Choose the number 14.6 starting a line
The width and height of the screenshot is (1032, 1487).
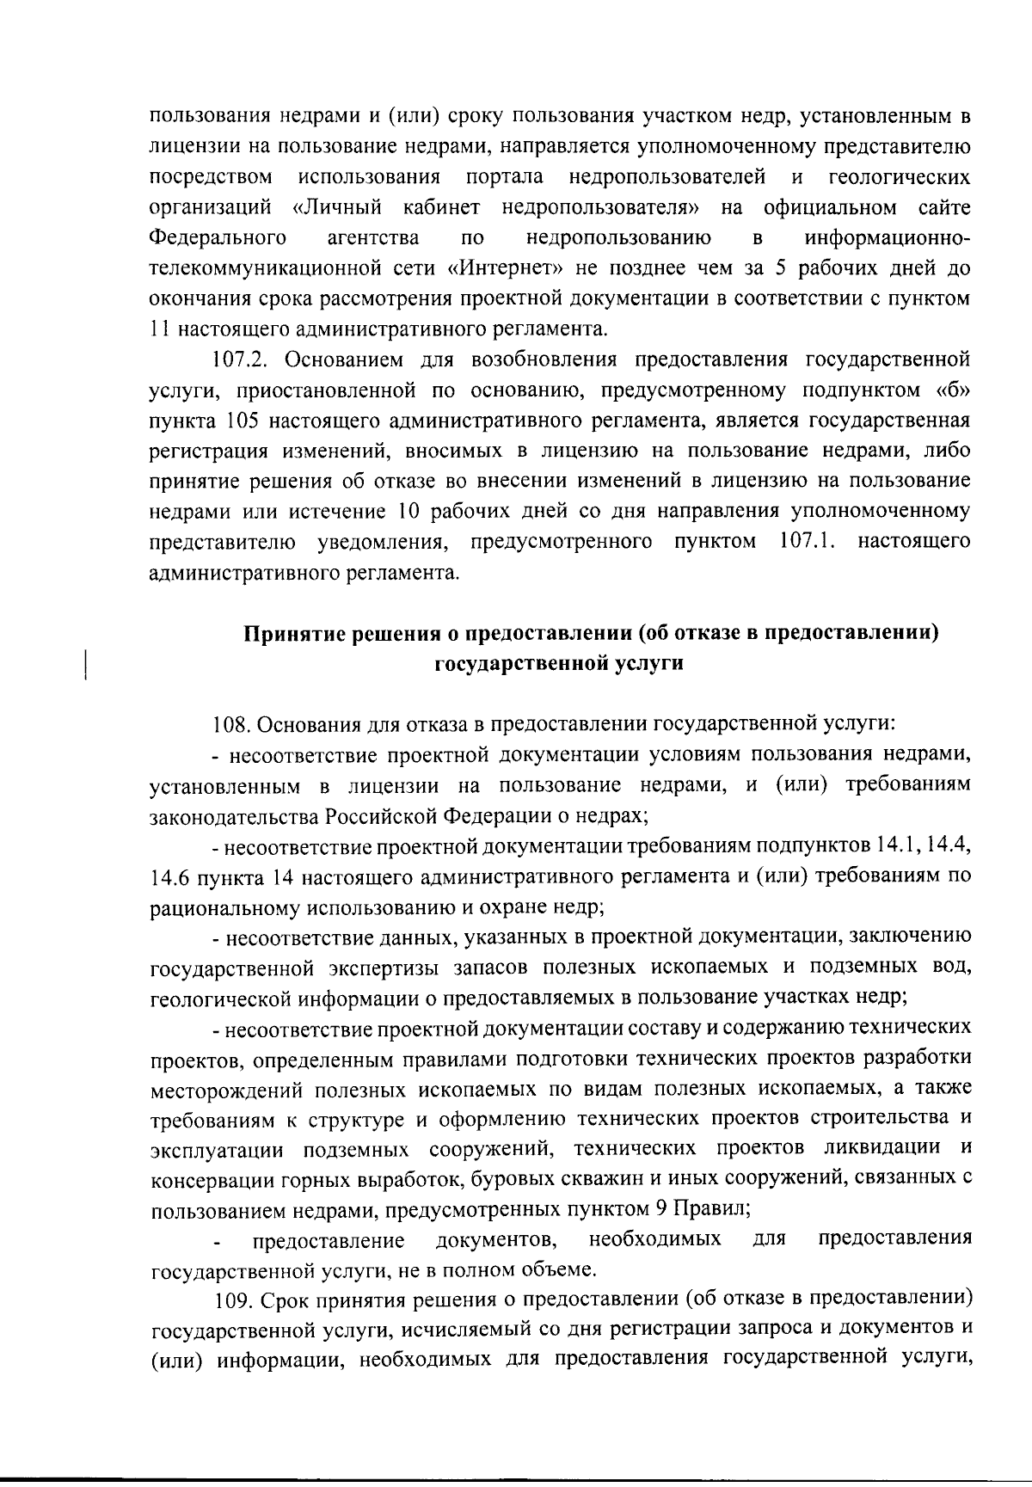[169, 878]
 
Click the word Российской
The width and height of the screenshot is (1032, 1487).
[385, 814]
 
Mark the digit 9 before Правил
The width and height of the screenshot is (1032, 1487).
[660, 1207]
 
